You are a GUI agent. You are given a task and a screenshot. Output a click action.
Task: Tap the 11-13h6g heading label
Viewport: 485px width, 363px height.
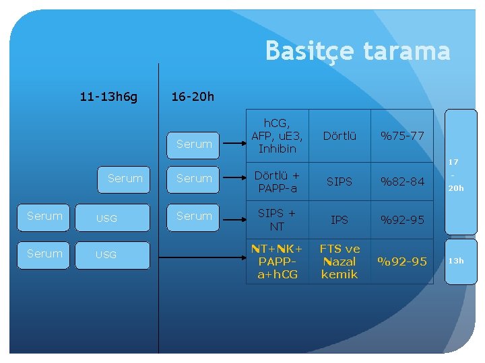tap(108, 97)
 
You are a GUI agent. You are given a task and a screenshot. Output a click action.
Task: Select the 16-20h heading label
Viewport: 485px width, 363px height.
tap(193, 97)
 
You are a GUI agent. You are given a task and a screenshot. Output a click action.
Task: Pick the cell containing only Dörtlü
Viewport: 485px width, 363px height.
tap(339, 136)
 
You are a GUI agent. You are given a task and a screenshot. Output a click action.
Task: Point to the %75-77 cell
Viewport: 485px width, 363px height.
tap(402, 136)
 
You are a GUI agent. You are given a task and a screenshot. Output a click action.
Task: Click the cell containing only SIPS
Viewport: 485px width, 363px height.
tap(339, 182)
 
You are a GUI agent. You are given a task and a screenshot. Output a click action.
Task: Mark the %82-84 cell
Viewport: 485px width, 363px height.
tap(402, 182)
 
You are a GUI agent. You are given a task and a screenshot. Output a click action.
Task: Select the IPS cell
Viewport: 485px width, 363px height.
tap(339, 219)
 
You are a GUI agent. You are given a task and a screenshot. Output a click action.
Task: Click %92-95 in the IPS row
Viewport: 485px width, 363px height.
tap(402, 219)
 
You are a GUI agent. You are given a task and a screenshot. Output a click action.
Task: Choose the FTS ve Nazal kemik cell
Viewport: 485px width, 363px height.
tap(339, 261)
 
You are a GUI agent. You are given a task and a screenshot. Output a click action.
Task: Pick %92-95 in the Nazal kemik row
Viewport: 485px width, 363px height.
tap(402, 261)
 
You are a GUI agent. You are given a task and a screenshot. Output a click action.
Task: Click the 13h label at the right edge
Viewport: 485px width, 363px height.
tap(456, 261)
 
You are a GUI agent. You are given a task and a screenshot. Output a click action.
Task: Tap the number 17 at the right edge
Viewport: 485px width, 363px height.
tap(453, 162)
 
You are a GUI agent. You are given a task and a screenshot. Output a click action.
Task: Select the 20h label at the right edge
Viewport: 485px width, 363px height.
tap(456, 188)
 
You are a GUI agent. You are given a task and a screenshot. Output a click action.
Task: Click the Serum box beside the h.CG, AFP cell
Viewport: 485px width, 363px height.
tap(194, 144)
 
